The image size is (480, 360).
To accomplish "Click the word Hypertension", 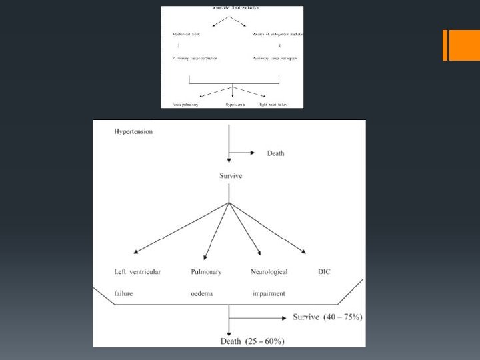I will (x=134, y=131).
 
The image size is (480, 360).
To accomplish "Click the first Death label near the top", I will (x=275, y=153).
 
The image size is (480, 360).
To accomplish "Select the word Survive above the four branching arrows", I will (x=231, y=176).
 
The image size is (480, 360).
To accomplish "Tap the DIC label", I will (x=324, y=272).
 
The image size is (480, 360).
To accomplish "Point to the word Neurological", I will (x=269, y=272).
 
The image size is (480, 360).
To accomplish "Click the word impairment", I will (x=269, y=293).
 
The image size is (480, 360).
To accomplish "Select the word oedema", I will (x=201, y=293).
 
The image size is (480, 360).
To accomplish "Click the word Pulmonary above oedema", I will (x=206, y=272).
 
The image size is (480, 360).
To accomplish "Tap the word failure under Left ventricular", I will (x=123, y=293).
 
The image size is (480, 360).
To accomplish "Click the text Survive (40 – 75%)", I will (x=327, y=317).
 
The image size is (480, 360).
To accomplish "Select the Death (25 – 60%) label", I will (x=252, y=342).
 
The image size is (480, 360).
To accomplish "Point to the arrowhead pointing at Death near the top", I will (x=252, y=153).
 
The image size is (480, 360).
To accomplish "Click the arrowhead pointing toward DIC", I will (x=303, y=251).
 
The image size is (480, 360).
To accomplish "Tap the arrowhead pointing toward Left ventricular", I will (x=136, y=251).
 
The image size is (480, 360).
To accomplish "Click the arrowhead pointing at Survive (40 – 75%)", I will (x=287, y=317).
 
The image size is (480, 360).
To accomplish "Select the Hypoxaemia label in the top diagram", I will (x=235, y=105).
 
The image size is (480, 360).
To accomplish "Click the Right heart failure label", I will (x=273, y=105).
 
